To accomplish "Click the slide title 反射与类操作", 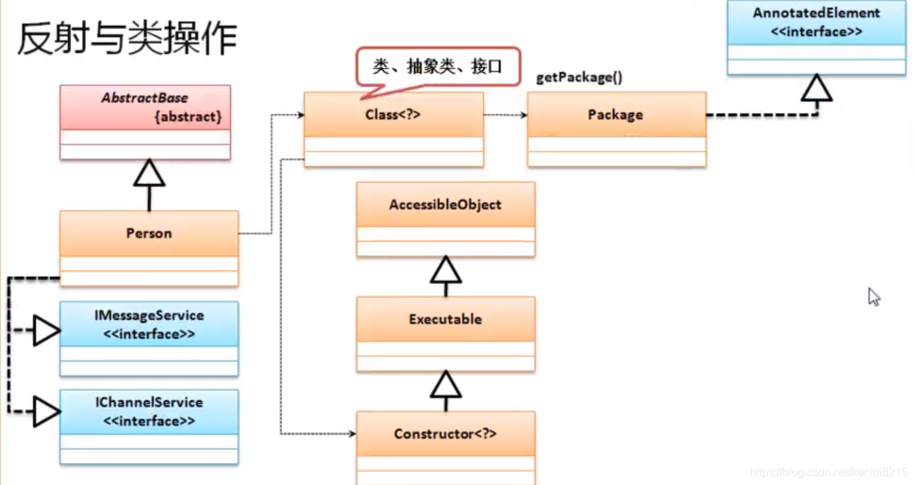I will [x=127, y=39].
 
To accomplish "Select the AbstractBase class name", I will [x=144, y=98].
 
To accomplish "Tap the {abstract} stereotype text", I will [x=187, y=117].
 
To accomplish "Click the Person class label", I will [x=148, y=233].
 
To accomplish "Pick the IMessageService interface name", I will [x=148, y=316].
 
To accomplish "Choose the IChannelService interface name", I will [x=148, y=403].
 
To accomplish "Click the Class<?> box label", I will [x=393, y=114].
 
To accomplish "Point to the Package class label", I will [x=615, y=115].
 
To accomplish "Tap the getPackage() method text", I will [x=579, y=77].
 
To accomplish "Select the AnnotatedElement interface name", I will [x=816, y=13].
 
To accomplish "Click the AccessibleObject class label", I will [x=445, y=205].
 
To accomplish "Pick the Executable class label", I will [x=445, y=319].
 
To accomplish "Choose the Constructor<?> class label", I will [x=445, y=434].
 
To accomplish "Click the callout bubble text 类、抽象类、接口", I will [x=437, y=67].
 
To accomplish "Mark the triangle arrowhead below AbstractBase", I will [x=149, y=174].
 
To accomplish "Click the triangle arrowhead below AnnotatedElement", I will [x=816, y=89].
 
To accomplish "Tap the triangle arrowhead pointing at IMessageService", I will [x=46, y=330].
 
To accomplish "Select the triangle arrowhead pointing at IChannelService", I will [x=46, y=410].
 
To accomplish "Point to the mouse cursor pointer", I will [x=873, y=296].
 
